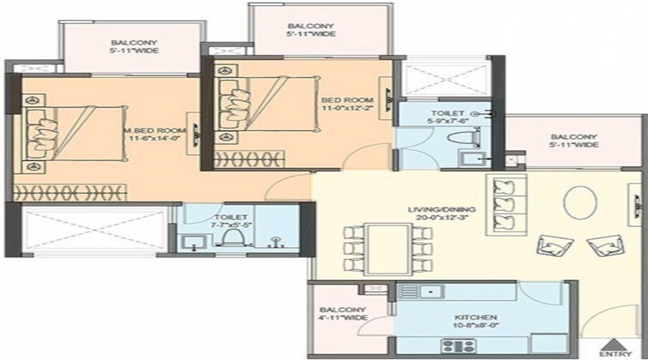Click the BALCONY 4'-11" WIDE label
(x=343, y=314)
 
